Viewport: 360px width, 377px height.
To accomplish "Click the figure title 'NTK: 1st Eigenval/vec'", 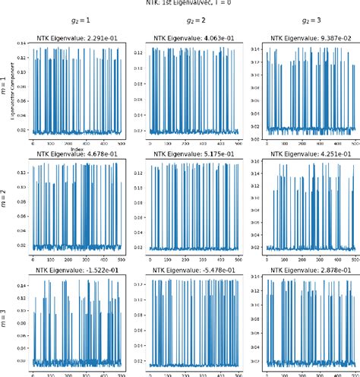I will tap(181, 3).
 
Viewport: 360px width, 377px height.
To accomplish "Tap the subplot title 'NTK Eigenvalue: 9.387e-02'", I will tap(313, 37).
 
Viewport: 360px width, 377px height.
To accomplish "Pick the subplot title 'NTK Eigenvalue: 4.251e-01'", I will tap(313, 154).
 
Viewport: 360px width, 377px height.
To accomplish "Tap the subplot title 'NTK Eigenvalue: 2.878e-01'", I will tap(313, 271).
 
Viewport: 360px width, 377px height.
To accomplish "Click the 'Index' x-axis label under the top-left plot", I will tap(75, 148).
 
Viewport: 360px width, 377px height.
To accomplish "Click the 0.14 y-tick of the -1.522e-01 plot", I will tap(22, 285).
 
